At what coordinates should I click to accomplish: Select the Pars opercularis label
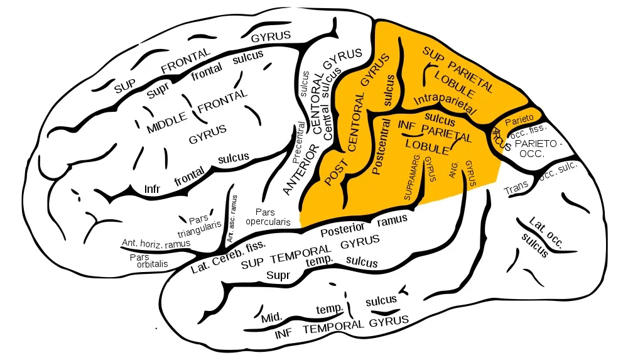click(x=268, y=217)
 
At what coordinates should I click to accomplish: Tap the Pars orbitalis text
click(x=148, y=261)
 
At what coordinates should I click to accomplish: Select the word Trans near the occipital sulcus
click(x=517, y=187)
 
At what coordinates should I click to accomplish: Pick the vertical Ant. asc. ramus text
click(x=230, y=218)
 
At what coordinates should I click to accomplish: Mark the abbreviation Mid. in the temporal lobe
click(x=271, y=317)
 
